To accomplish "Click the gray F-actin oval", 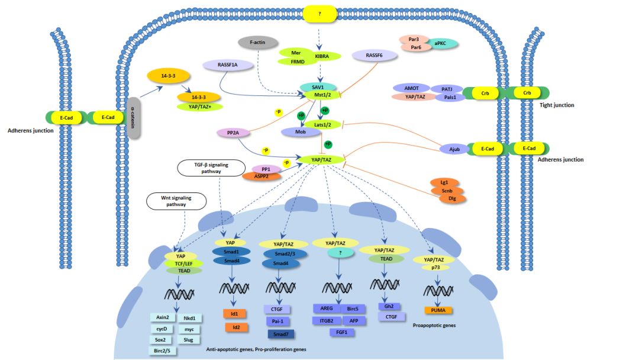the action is tap(257, 43).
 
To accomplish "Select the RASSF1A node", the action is tap(227, 65).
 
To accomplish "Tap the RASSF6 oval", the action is tap(374, 55).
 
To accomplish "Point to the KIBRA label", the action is tap(321, 56).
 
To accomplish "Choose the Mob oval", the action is tap(301, 132).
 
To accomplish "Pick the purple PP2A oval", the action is tap(233, 133).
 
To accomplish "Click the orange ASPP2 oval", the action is tap(262, 176).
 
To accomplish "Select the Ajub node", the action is tap(454, 149).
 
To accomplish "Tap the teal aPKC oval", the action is tap(440, 43).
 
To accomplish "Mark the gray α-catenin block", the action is tap(133, 118).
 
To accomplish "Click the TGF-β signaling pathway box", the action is tap(211, 168).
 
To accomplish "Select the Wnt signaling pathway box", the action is tap(176, 201).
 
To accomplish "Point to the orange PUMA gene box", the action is tap(438, 310).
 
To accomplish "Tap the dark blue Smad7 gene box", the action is tap(280, 335).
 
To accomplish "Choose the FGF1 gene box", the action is tap(341, 332).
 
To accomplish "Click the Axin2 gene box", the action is tap(163, 317).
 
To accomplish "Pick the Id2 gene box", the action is tap(236, 327).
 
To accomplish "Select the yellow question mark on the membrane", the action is tap(319, 14).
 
